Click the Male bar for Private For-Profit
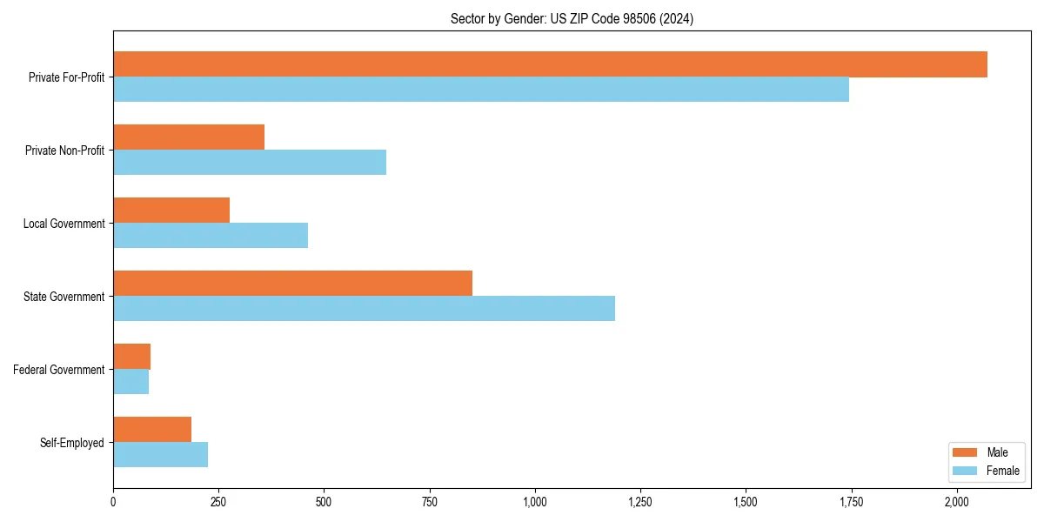[x=550, y=64]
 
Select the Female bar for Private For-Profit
[x=481, y=90]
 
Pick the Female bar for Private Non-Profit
[x=250, y=163]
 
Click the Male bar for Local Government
[x=171, y=211]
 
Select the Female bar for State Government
[x=364, y=309]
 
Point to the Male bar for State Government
[x=292, y=284]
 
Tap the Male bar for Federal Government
[x=131, y=357]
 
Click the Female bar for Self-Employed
[x=160, y=455]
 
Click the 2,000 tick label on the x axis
[x=956, y=502]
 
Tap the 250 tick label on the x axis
[x=218, y=502]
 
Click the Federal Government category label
[x=58, y=370]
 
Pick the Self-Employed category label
[x=71, y=443]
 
